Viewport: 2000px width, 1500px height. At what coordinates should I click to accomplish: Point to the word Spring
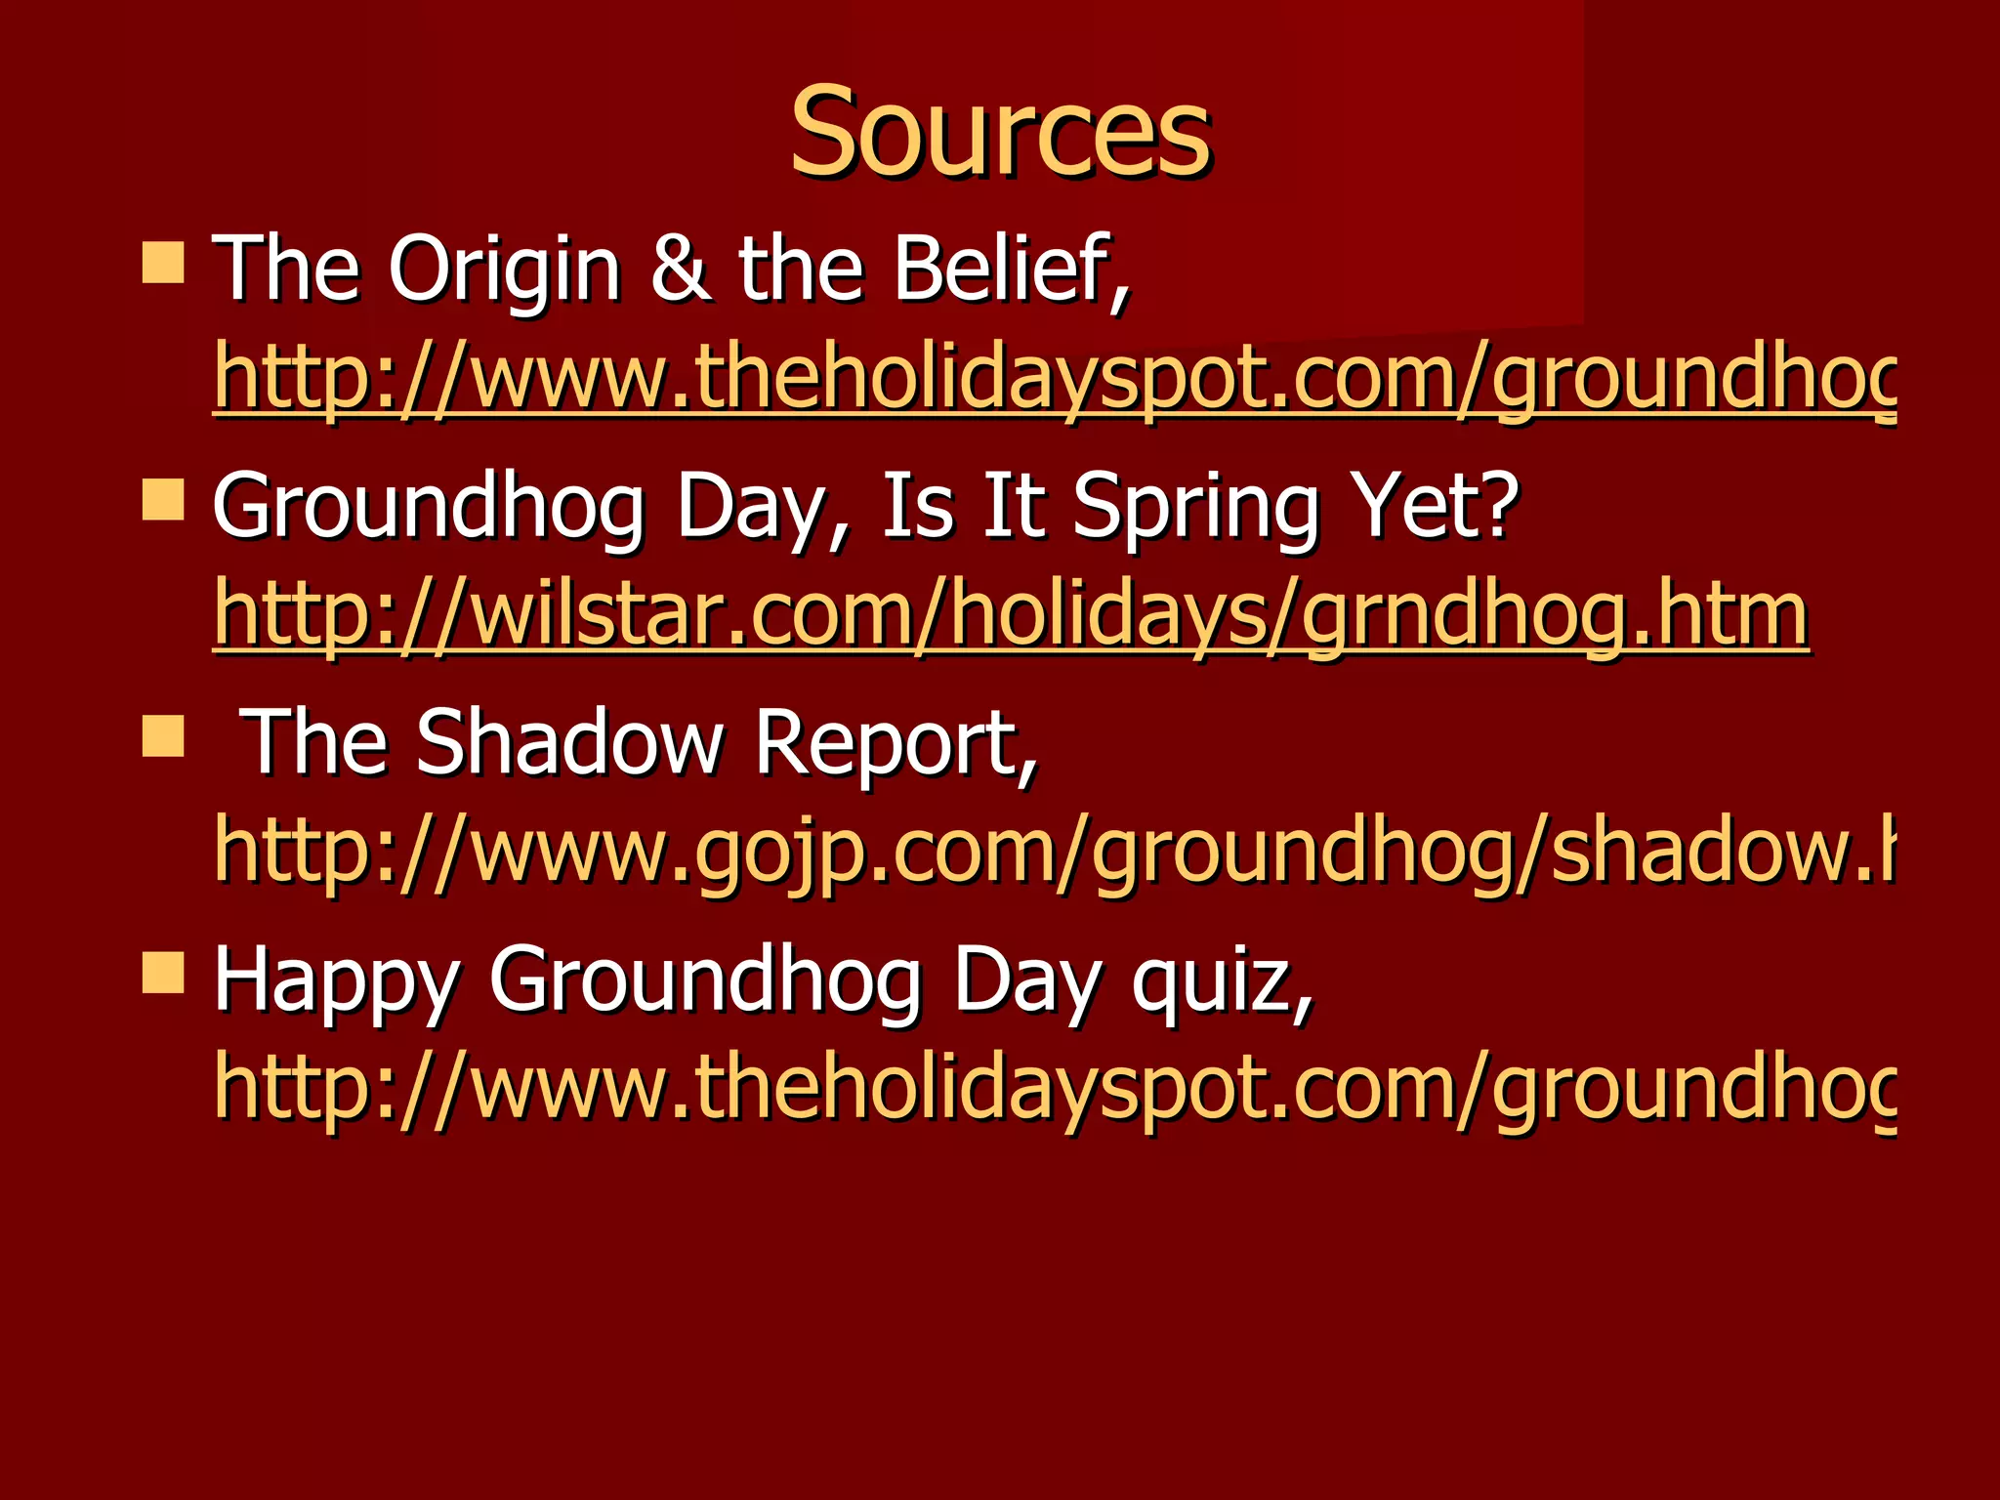pos(1195,508)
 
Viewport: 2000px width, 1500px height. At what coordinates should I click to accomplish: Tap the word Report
pos(896,744)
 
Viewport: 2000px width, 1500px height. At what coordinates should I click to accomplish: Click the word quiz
pos(1221,980)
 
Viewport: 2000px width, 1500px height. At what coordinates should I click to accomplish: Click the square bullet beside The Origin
pos(163,263)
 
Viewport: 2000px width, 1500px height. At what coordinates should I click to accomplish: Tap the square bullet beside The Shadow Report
pos(163,736)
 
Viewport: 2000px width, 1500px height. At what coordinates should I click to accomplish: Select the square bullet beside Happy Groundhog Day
pos(163,973)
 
